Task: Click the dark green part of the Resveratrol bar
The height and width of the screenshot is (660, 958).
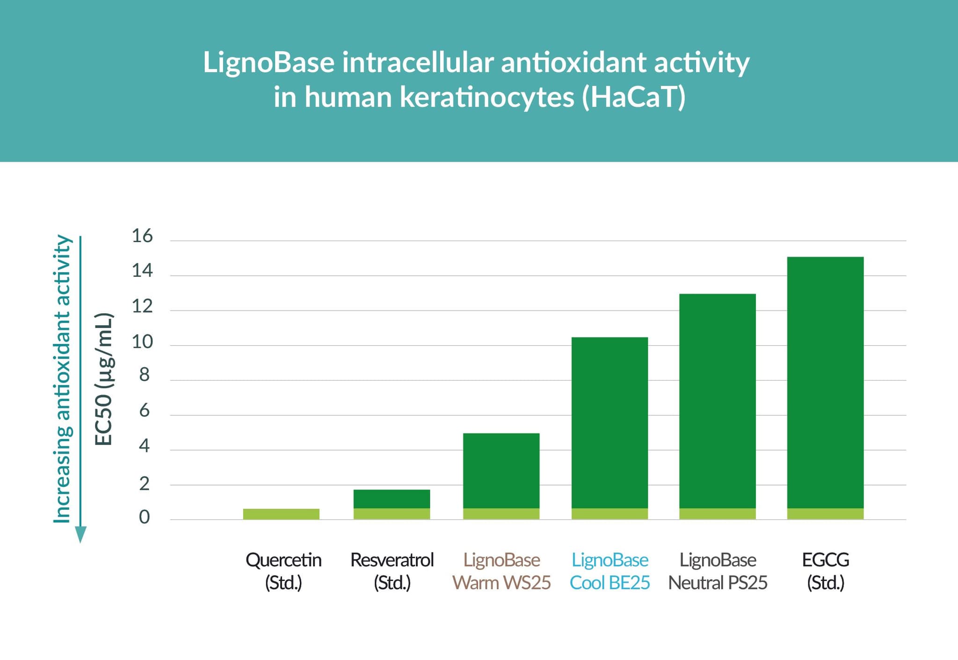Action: [x=392, y=499]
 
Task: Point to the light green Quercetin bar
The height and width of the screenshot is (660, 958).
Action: [x=281, y=514]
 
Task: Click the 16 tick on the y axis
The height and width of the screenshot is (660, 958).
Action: [x=142, y=236]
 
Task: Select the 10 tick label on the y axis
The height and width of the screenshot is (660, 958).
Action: [x=142, y=342]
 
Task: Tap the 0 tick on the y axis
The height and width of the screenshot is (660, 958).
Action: [x=144, y=517]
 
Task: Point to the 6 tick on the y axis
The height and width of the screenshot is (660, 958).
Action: [x=144, y=411]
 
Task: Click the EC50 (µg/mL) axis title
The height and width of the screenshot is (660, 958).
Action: [x=104, y=379]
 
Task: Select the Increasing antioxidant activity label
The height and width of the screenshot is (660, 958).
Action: [x=62, y=379]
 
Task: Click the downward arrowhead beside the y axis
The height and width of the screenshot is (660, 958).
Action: [x=80, y=534]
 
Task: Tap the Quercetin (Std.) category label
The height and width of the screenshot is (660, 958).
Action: [x=283, y=571]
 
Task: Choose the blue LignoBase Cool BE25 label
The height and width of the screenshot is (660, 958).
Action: [x=610, y=571]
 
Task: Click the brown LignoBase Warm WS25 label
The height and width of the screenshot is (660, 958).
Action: [x=501, y=571]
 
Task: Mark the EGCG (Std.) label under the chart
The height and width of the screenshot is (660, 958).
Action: [x=825, y=571]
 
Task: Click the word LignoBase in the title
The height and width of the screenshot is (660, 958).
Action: [x=269, y=63]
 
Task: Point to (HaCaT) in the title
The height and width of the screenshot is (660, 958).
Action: [x=634, y=97]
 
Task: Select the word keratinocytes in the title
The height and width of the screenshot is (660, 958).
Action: [x=487, y=97]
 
